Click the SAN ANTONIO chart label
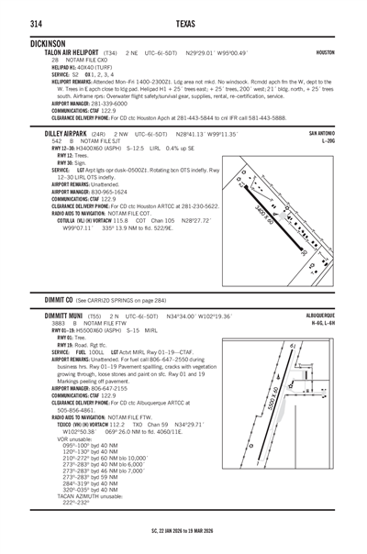[321, 134]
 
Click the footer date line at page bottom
[183, 529]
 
